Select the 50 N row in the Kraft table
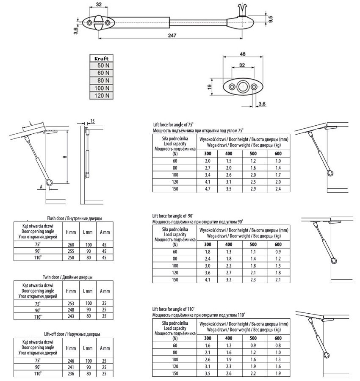[x=101, y=66]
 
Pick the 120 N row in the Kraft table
[x=101, y=96]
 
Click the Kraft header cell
[x=101, y=58]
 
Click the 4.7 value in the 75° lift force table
[x=207, y=188]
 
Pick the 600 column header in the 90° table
[x=278, y=244]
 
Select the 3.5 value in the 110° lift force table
[x=207, y=374]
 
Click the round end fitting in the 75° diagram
[x=330, y=173]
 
